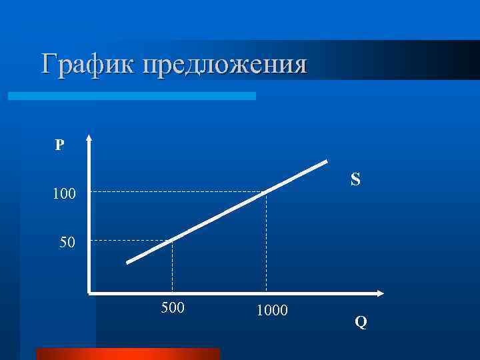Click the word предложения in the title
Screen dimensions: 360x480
click(222, 65)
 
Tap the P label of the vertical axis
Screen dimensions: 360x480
click(60, 145)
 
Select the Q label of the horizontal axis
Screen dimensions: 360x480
click(361, 323)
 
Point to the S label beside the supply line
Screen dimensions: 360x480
click(355, 180)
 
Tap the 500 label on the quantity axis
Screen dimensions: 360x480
click(173, 308)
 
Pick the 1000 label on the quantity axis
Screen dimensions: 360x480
click(271, 309)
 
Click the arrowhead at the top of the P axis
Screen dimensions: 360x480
click(89, 140)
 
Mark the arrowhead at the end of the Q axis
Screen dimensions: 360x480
click(381, 293)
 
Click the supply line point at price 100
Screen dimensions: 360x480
click(266, 192)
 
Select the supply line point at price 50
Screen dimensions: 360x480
click(173, 239)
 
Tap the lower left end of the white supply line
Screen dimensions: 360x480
click(128, 262)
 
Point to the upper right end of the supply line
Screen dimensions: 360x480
click(326, 161)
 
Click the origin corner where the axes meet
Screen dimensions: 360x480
click(89, 293)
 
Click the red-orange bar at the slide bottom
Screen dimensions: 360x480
click(127, 353)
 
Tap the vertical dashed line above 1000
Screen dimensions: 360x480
click(266, 243)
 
